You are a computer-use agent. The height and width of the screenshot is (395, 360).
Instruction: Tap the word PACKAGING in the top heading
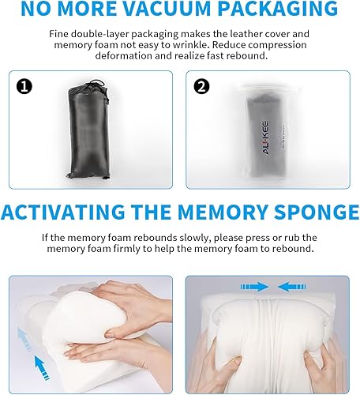click(278, 8)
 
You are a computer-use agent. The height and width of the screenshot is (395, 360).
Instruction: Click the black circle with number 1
click(24, 86)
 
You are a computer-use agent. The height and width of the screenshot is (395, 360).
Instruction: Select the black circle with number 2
click(201, 86)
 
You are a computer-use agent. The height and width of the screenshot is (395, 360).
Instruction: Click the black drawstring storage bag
click(88, 130)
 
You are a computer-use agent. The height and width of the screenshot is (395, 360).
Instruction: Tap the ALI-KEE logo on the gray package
click(265, 137)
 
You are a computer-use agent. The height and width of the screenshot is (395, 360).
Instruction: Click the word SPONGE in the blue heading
click(317, 212)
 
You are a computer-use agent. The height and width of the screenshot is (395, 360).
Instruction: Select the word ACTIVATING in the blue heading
click(63, 212)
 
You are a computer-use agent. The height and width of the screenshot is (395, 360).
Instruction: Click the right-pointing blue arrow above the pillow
click(254, 287)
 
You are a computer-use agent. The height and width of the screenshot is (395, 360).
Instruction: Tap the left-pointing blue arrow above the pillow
click(292, 287)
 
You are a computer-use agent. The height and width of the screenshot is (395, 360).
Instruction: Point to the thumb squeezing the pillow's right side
click(313, 356)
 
